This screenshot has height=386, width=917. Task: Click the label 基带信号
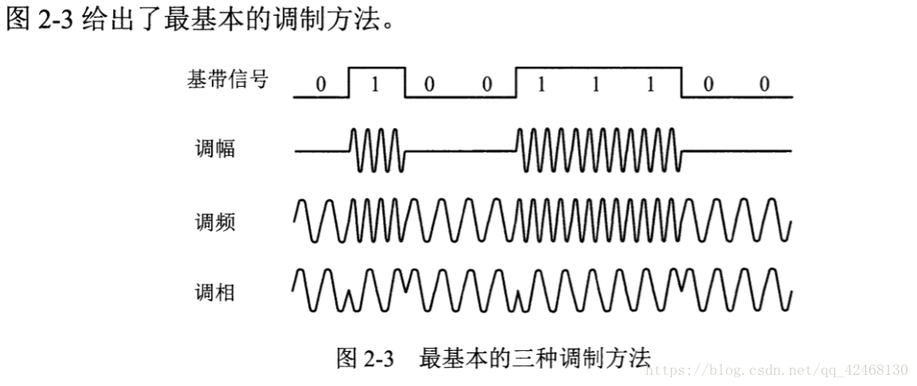(x=227, y=79)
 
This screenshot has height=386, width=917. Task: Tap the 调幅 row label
(x=215, y=149)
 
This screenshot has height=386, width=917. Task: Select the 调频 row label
(x=215, y=222)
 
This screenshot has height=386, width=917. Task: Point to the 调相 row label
(x=215, y=292)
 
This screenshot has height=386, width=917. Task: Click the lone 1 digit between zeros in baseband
(x=376, y=85)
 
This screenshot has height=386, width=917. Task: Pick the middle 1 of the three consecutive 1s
(x=595, y=85)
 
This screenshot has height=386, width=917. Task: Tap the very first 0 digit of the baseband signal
(x=321, y=85)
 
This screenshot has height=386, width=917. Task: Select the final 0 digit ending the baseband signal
(x=764, y=85)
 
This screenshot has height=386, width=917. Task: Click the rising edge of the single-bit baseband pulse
(x=349, y=83)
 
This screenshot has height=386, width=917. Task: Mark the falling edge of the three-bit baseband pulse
(x=681, y=83)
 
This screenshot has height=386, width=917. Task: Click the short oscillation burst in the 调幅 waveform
(x=377, y=151)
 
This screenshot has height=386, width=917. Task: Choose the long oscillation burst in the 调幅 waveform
(x=599, y=151)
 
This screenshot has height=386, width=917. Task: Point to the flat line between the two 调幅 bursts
(x=460, y=151)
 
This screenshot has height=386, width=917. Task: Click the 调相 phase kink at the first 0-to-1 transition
(x=349, y=299)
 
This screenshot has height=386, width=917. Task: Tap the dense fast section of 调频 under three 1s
(x=599, y=220)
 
